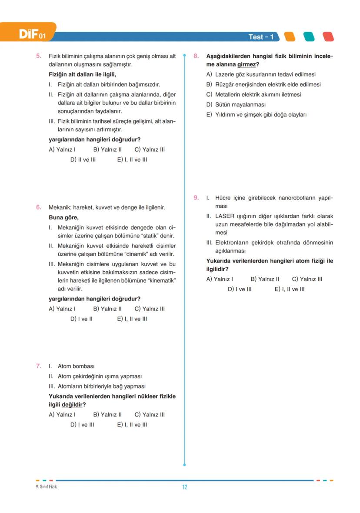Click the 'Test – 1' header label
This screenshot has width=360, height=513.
[261, 37]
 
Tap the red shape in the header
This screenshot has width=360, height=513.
[328, 37]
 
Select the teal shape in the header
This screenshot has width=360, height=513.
[309, 37]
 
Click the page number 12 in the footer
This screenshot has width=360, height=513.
[184, 487]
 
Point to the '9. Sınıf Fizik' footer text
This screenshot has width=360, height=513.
[46, 486]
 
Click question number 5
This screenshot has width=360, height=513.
[38, 56]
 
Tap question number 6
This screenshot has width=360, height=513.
[38, 207]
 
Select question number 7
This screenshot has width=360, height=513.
[38, 366]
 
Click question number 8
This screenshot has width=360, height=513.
[196, 56]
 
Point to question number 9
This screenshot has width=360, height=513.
[196, 198]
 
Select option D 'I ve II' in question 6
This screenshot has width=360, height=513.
[81, 319]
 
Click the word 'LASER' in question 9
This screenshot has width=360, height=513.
[225, 216]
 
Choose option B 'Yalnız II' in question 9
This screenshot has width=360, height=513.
[265, 279]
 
